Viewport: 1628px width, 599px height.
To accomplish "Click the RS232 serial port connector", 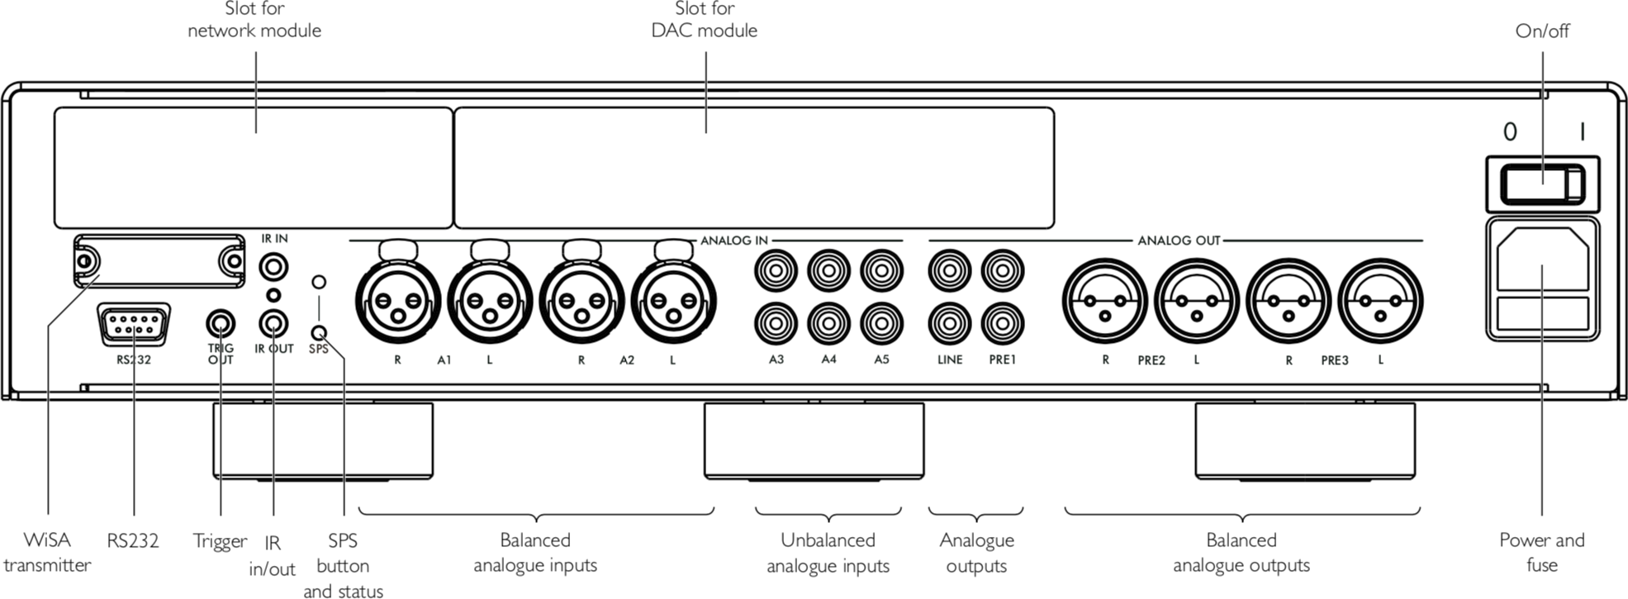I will [x=134, y=325].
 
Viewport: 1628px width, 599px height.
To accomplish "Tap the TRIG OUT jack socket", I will [x=221, y=324].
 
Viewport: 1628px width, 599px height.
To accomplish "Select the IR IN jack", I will [x=274, y=267].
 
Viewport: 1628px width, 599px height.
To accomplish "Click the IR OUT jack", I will [x=274, y=324].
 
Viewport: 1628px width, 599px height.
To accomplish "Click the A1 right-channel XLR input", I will [x=397, y=301].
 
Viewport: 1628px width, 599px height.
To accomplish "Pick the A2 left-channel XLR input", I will [x=673, y=301].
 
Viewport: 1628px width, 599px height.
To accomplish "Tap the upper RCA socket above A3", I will [x=776, y=270].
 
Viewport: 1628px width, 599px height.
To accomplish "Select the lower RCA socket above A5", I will [x=881, y=323].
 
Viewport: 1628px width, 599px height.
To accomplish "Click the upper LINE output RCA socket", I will [x=950, y=270].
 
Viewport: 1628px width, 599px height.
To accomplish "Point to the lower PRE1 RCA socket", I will [x=1002, y=323].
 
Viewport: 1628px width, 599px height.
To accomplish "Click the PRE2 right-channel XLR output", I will [x=1104, y=301].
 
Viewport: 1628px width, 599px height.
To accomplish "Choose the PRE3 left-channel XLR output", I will [x=1379, y=301].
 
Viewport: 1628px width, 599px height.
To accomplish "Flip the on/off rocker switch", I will [x=1542, y=184].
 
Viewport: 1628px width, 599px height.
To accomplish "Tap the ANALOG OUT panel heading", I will [x=1178, y=240].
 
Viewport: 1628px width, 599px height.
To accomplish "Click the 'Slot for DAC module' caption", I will [x=704, y=20].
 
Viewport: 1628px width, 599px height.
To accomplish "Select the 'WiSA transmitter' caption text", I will [x=47, y=552].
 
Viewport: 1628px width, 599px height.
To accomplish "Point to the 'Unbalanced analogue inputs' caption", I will [x=828, y=552].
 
